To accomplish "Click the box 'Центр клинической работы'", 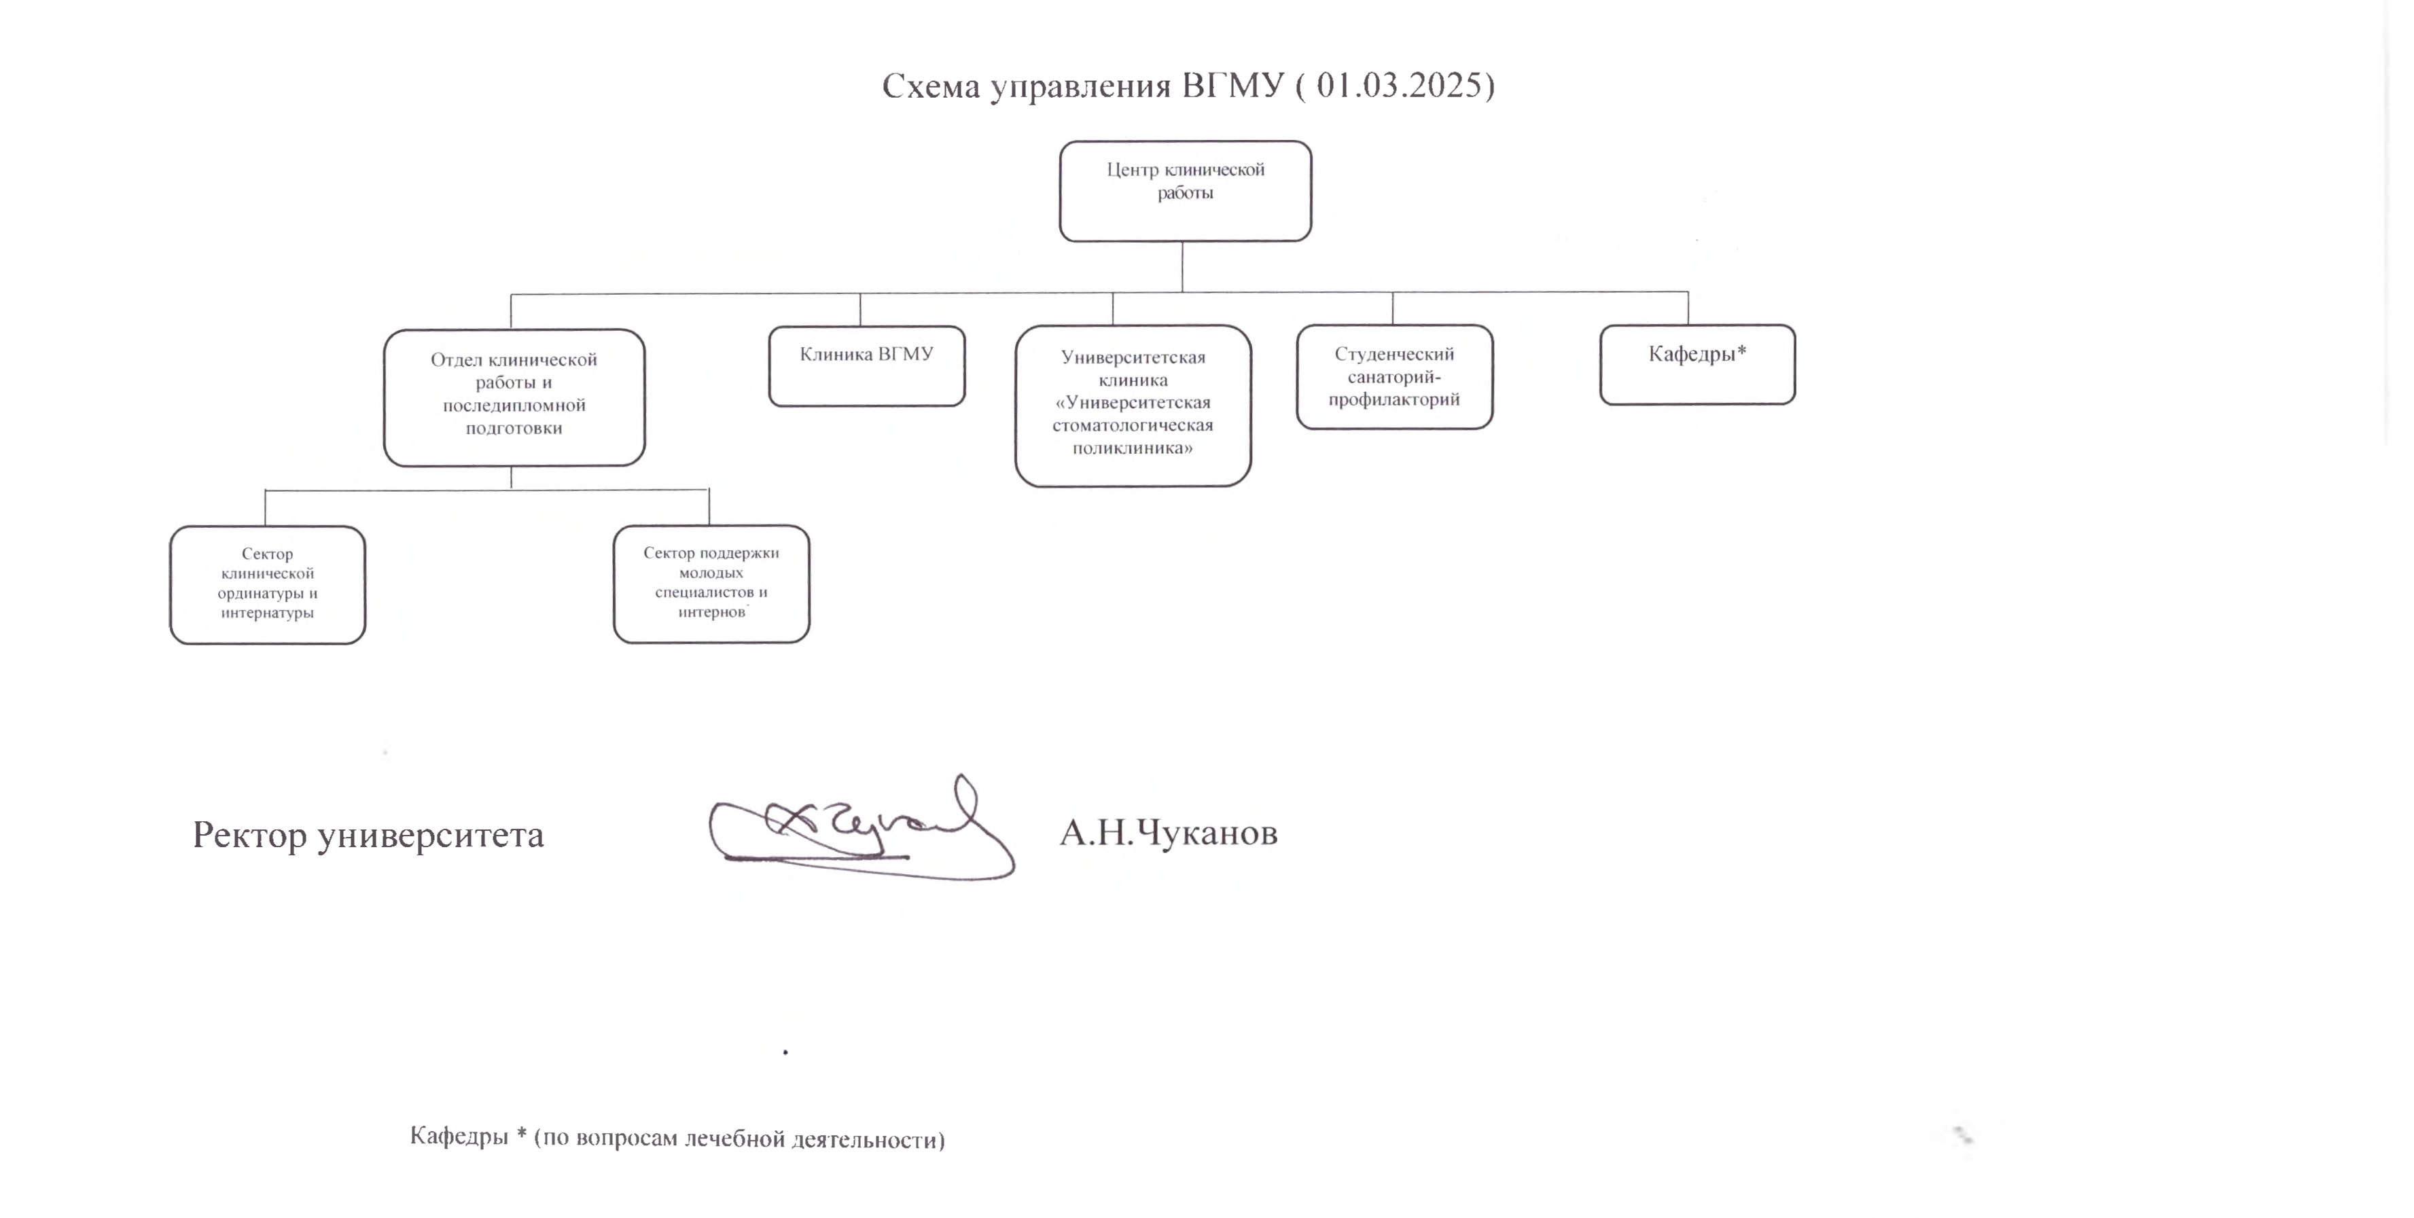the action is pos(1186,191).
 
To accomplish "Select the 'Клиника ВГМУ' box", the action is pos(867,365).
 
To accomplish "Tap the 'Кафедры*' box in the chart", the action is pos(1697,365).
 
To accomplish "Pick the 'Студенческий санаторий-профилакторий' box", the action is pos(1394,376).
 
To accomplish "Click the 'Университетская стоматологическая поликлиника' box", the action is pos(1133,406).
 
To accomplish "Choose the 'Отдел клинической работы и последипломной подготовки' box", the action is pos(514,397).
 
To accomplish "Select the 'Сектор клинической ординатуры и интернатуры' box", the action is pos(267,585).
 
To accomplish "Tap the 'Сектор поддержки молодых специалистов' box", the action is pos(711,584).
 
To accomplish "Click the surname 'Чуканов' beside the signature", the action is pos(1207,832).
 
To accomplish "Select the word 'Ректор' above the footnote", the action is pos(250,835).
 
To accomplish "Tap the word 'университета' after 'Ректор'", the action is pos(431,836).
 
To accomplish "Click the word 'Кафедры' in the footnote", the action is pos(459,1136).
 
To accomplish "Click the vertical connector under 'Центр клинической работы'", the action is pos(1183,267).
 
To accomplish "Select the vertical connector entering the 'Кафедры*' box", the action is pos(1688,308).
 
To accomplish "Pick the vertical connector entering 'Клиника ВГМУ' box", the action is pos(860,310).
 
